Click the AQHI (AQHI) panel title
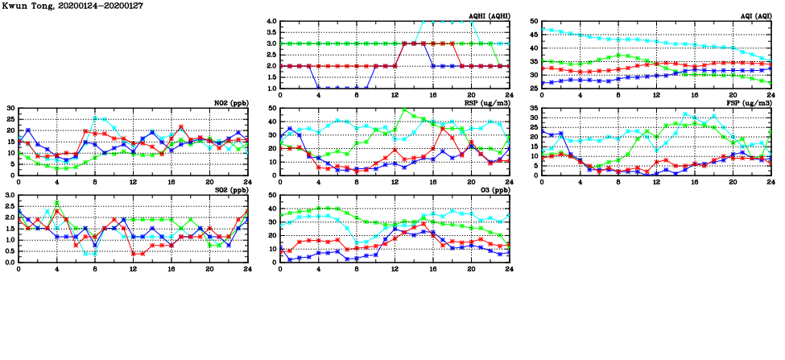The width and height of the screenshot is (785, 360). point(489,16)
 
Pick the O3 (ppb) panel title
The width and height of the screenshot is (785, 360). point(492,190)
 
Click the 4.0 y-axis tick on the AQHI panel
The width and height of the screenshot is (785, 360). point(271,21)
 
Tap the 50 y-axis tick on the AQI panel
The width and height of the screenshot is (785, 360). point(535,21)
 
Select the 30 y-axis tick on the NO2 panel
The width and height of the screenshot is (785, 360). point(10,108)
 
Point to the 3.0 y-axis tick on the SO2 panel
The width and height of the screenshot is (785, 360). point(9,195)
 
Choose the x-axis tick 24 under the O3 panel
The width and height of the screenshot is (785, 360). point(509,269)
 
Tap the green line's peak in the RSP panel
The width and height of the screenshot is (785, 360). point(404,110)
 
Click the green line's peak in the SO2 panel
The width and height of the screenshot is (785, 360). point(56,203)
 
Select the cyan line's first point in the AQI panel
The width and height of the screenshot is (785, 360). point(542,29)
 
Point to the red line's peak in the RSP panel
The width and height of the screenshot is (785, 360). point(442,128)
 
